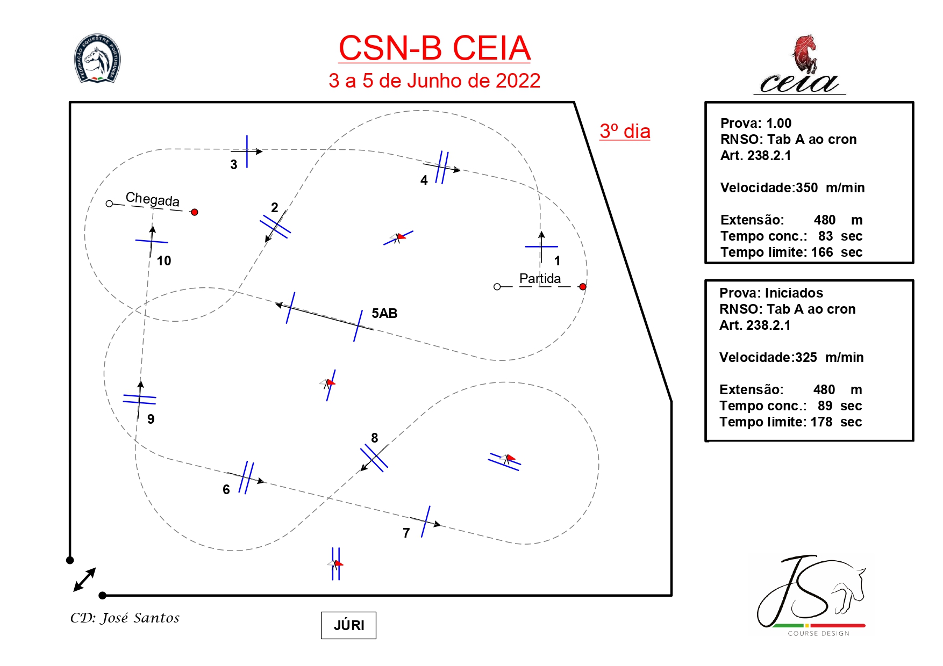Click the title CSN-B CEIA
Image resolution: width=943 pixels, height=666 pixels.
point(434,48)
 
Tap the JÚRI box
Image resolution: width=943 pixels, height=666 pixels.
point(348,625)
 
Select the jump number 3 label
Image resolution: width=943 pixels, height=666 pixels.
point(234,165)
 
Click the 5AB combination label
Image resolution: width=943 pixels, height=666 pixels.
point(384,314)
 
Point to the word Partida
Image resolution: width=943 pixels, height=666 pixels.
point(540,278)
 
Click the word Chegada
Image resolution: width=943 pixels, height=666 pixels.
point(153,199)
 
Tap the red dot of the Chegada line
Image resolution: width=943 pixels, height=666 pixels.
point(195,212)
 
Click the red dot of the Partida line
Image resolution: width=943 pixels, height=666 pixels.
point(583,287)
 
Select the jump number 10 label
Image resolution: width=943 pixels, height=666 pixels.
point(164,261)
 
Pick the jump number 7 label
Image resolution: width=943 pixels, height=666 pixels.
point(406,533)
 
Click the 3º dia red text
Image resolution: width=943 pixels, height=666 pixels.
point(625,132)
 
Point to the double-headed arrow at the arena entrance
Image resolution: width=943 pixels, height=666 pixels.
point(84,580)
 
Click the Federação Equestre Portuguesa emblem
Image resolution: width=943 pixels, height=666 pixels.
point(97,59)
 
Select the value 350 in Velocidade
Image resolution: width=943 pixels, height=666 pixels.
point(806,188)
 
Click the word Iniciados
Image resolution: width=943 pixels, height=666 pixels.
point(794,293)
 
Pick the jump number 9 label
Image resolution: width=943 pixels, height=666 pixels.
point(151,419)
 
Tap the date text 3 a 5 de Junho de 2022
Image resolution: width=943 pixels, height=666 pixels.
point(434,81)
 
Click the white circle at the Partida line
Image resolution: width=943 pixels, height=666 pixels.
point(497,287)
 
